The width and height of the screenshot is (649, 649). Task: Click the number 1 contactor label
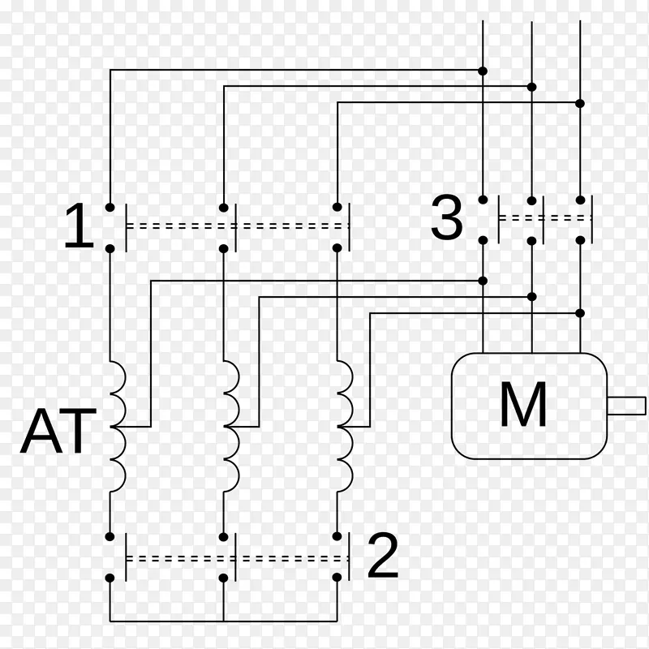79,226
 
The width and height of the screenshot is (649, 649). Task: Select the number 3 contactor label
446,218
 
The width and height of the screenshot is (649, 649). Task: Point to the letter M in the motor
522,405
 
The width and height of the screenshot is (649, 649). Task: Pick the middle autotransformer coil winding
231,426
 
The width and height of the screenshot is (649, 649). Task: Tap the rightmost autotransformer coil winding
345,426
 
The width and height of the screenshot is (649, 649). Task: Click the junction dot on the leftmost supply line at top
483,70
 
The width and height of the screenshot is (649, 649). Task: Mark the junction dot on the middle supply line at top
531,86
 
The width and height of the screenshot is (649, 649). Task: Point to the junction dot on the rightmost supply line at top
580,102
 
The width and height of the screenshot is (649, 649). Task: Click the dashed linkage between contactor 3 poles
544,218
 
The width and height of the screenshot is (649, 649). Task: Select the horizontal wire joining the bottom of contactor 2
223,621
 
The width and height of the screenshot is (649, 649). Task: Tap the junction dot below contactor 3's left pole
483,281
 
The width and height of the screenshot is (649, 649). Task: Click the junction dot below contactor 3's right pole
580,312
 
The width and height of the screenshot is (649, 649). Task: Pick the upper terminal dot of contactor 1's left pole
110,207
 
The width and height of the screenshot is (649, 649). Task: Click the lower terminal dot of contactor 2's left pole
110,578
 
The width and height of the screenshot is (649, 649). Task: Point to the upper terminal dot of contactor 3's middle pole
531,200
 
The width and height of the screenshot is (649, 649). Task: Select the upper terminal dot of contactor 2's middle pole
223,536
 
